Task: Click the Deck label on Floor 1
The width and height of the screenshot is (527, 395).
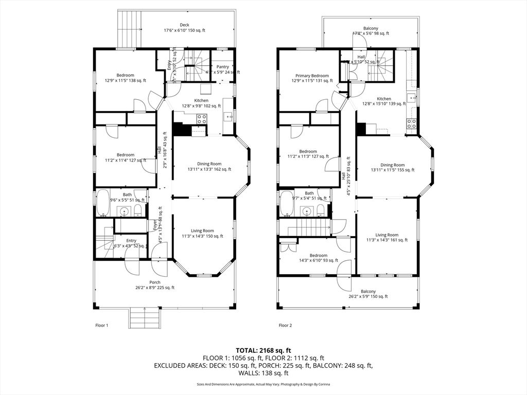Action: coord(184,25)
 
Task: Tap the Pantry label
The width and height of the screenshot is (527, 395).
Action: coord(223,67)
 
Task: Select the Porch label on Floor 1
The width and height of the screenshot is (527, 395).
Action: coord(154,282)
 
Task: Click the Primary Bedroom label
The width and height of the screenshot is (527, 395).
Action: coord(312,76)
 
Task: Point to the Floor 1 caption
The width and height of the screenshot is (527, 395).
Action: coord(102,325)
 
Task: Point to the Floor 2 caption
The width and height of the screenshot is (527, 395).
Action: coord(285,325)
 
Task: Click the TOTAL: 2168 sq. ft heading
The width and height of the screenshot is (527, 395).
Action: coord(263,350)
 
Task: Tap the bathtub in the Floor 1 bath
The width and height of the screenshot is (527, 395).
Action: coord(103,203)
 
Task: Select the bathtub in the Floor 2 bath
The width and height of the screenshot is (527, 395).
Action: coord(287,204)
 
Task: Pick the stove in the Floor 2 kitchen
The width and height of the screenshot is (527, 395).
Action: coord(412,123)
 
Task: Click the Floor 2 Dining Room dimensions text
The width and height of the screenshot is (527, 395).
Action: coord(392,170)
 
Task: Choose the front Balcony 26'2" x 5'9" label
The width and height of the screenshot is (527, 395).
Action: coord(368,294)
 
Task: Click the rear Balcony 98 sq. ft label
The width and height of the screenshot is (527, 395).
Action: coord(371,31)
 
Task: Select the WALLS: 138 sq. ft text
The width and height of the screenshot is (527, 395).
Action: coord(263,373)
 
